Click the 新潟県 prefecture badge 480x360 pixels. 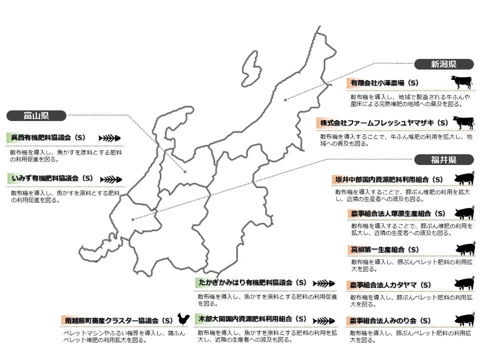443,64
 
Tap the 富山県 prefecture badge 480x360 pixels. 36,116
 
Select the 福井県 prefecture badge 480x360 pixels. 443,160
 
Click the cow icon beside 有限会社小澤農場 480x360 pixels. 461,81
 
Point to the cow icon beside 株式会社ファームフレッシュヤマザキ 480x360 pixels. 463,122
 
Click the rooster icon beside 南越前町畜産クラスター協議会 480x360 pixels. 183,319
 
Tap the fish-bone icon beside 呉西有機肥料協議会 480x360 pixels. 109,137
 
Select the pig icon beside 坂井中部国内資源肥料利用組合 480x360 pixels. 464,178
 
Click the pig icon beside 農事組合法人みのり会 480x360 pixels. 464,319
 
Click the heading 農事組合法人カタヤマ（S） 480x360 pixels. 390,285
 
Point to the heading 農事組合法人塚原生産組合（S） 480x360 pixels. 398,214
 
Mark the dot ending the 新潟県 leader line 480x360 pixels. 285,100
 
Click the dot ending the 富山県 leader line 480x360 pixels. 185,171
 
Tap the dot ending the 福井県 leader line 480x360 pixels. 132,219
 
